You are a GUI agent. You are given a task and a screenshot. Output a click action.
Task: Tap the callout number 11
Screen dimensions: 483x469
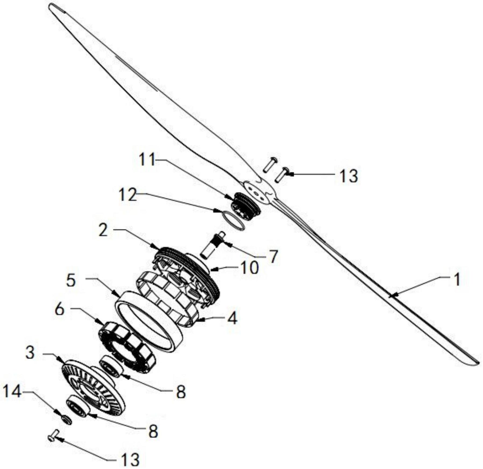tap(147, 160)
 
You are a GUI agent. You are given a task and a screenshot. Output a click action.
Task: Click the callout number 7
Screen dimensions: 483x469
tap(273, 256)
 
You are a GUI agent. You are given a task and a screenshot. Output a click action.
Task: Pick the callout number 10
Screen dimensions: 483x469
tap(250, 268)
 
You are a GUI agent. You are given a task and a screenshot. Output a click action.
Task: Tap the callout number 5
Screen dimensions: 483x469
tap(71, 280)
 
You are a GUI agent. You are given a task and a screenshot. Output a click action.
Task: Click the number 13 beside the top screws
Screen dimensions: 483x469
tap(348, 176)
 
